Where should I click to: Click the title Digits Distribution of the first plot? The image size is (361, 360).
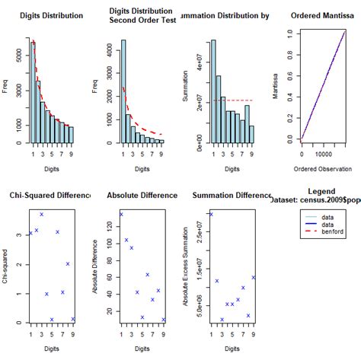point(50,13)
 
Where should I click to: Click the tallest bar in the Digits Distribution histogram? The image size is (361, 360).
point(33,92)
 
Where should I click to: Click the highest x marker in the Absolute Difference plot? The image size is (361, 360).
point(121,215)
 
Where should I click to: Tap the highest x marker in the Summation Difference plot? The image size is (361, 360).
point(211,214)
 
